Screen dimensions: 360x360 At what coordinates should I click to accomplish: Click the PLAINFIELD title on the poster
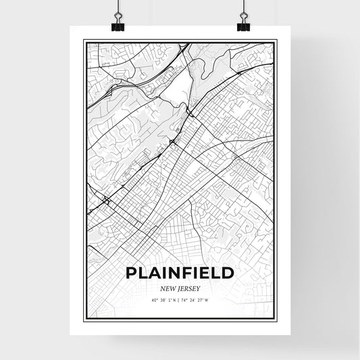click(x=180, y=273)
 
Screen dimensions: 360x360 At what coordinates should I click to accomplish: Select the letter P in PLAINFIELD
click(x=130, y=273)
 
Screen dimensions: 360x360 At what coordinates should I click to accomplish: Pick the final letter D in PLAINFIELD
click(x=228, y=273)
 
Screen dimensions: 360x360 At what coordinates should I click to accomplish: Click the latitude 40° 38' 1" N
click(x=164, y=299)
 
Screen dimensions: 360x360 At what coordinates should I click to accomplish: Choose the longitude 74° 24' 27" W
click(x=196, y=299)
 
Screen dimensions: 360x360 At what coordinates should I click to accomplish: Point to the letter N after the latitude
click(x=175, y=299)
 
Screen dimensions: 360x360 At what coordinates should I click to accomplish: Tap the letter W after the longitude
click(x=209, y=299)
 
